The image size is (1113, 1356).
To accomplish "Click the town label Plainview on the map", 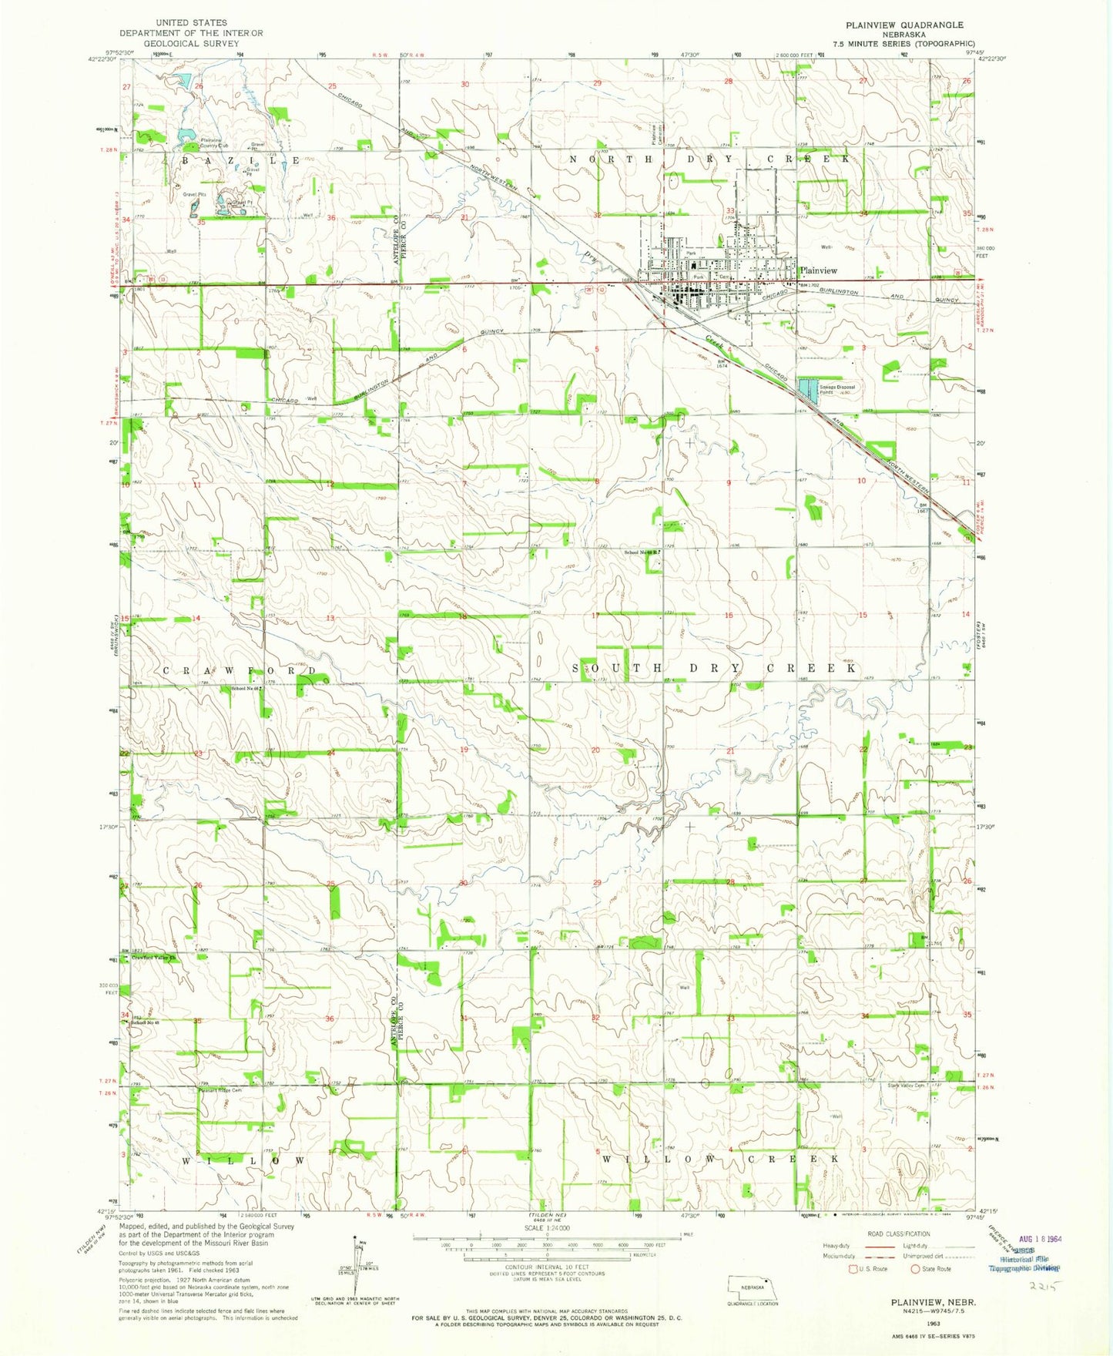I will (818, 270).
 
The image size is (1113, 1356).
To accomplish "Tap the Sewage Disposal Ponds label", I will (837, 389).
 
